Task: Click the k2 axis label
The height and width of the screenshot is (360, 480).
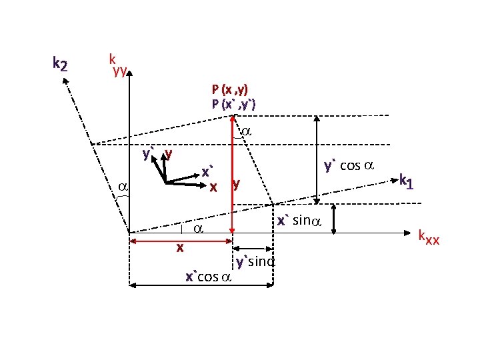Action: coord(59,64)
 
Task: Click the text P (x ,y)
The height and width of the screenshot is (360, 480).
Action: coord(230,89)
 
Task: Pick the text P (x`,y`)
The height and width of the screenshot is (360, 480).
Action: coord(233,103)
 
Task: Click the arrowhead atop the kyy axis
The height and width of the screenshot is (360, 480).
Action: coord(130,71)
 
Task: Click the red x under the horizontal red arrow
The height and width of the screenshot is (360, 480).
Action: coord(179,248)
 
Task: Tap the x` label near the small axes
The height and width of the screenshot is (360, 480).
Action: coord(208,171)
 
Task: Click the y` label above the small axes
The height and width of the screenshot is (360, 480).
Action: coord(148,155)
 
